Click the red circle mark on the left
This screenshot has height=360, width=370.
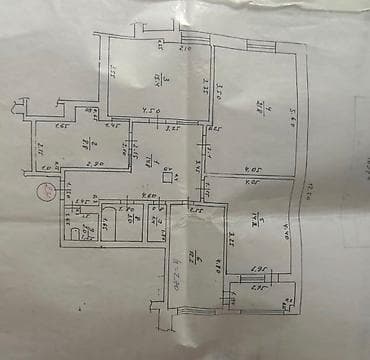(45, 193)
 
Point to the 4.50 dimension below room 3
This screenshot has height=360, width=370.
(151, 111)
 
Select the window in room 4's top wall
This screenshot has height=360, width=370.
(258, 48)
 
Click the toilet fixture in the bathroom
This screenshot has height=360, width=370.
(76, 231)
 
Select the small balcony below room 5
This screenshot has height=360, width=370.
(262, 297)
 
